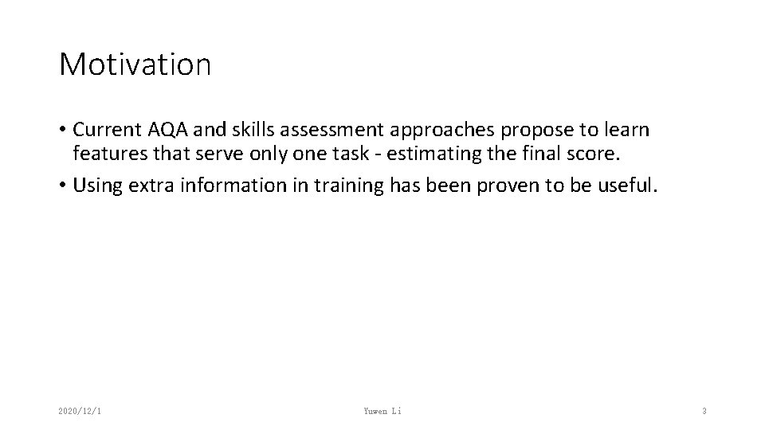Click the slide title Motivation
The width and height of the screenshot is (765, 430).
click(x=135, y=64)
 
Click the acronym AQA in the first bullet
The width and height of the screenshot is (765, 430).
click(x=162, y=129)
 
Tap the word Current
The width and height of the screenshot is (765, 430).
click(x=104, y=129)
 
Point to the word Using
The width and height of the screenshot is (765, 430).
click(x=97, y=186)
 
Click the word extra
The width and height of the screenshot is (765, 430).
click(x=151, y=186)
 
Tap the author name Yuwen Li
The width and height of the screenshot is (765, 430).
click(x=382, y=411)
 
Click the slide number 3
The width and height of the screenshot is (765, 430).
click(x=704, y=411)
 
